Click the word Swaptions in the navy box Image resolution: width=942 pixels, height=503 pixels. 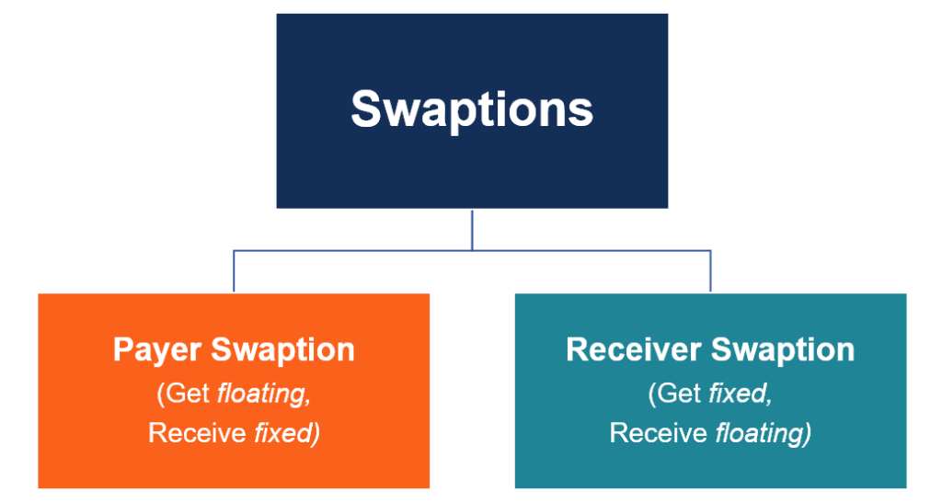click(472, 109)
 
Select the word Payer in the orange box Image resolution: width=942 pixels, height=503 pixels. click(157, 349)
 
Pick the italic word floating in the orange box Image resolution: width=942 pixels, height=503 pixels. click(261, 394)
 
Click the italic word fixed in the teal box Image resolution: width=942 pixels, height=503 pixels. click(740, 394)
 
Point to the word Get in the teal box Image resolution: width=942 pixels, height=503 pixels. click(678, 394)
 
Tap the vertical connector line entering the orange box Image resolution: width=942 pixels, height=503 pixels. click(234, 271)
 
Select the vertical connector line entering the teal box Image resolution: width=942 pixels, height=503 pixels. click(710, 271)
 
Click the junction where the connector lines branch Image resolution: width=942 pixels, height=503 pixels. click(472, 249)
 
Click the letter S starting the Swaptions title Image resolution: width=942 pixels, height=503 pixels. click(365, 109)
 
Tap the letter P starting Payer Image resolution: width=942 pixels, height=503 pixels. click(122, 349)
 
